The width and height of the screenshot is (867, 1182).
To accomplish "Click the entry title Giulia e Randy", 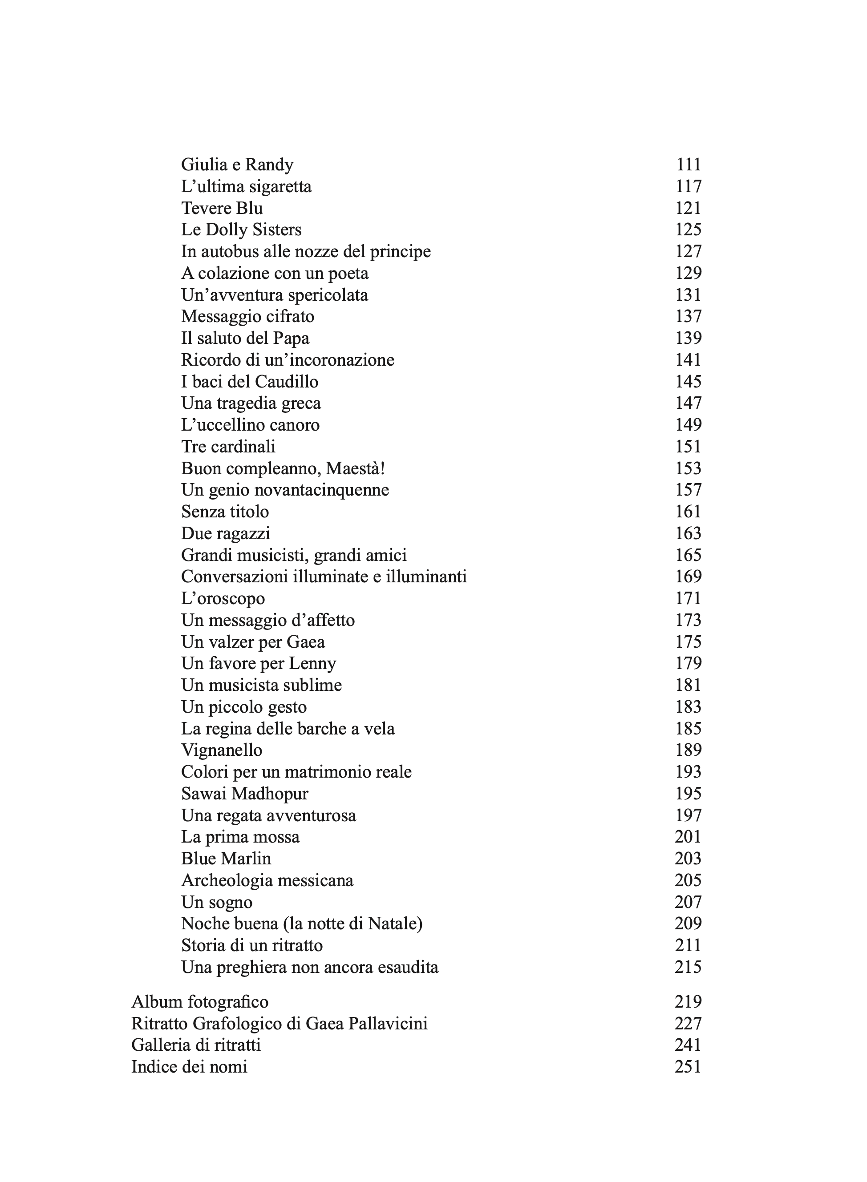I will (x=237, y=165).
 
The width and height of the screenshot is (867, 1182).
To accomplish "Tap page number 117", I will (x=688, y=186).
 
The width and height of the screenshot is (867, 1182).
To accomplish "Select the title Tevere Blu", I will (x=222, y=208).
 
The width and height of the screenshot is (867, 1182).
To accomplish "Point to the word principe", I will (x=401, y=252).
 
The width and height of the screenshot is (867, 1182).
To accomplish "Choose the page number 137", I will (x=688, y=316).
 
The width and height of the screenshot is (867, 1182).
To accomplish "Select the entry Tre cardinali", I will (x=228, y=447).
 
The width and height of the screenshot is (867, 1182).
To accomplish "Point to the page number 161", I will (x=688, y=512).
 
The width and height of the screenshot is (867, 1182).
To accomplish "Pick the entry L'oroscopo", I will (x=223, y=599).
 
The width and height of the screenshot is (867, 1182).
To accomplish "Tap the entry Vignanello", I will (x=222, y=750).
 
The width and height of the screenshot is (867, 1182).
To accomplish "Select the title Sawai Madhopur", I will (x=244, y=794).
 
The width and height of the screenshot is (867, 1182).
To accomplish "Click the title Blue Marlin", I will (x=226, y=859).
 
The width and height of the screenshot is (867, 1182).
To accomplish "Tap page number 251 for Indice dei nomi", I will (x=688, y=1067).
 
